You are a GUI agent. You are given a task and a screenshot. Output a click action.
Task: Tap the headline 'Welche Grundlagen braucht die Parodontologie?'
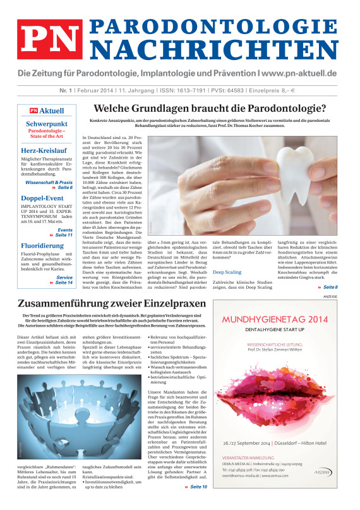point(218,109)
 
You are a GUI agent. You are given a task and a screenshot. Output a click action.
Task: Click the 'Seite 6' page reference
point(65,188)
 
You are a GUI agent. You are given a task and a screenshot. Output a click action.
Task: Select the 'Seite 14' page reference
point(64,281)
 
